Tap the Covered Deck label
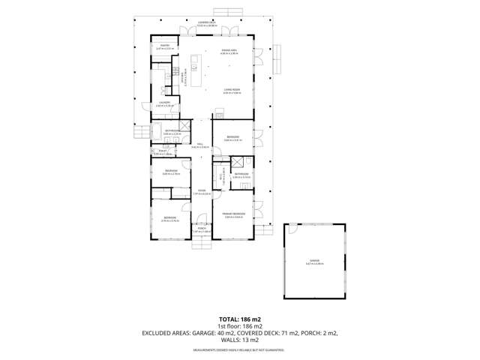[x=207, y=24]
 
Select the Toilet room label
[x=159, y=152]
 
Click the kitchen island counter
[x=193, y=76]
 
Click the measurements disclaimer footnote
[x=240, y=350]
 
